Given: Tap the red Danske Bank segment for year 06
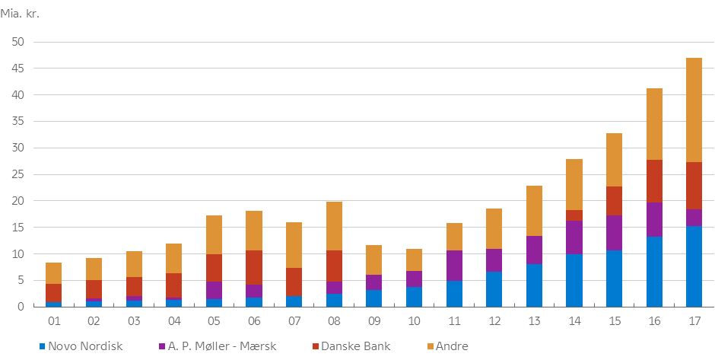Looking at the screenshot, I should [x=254, y=267].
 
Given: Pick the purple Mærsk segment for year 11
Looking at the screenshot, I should [x=453, y=266].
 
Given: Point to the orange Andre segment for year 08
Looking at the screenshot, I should [x=334, y=226].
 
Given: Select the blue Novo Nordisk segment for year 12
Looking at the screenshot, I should [x=494, y=289].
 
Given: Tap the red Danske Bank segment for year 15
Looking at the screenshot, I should [x=613, y=201].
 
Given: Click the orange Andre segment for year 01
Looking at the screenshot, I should [x=54, y=273].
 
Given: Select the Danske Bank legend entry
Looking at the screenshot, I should [x=351, y=346].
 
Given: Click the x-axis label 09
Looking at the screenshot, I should [x=374, y=321].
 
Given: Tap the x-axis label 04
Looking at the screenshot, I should [x=174, y=321].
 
